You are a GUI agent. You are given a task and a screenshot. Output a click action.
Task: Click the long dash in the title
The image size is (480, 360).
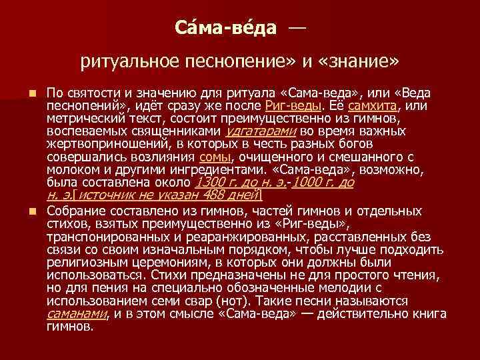click(297, 28)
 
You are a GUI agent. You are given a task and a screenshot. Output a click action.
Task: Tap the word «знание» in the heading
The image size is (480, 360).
click(360, 62)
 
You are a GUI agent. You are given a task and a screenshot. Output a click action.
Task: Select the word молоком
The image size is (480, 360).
click(72, 169)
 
